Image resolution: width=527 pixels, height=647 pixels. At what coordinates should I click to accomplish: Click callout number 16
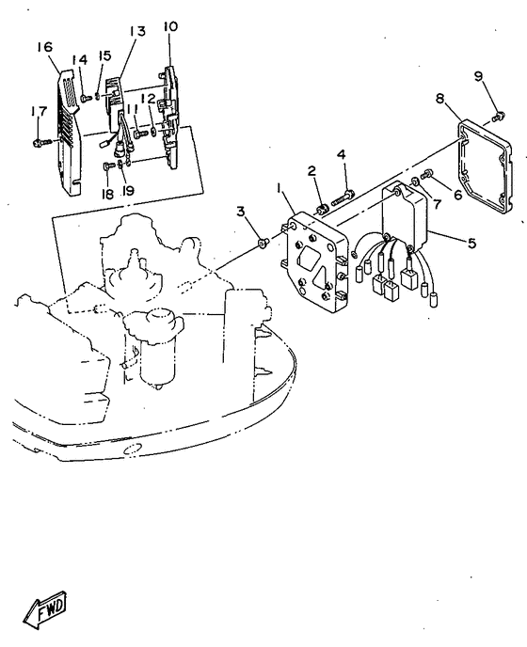(44, 47)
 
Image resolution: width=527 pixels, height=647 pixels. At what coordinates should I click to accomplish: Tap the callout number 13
(137, 31)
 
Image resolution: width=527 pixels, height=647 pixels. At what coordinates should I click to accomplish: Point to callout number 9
(478, 76)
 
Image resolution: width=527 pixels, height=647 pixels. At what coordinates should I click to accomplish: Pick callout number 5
(471, 243)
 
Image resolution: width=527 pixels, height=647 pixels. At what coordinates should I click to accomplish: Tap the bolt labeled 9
(495, 118)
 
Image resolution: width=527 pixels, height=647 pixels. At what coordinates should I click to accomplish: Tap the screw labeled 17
(40, 142)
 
